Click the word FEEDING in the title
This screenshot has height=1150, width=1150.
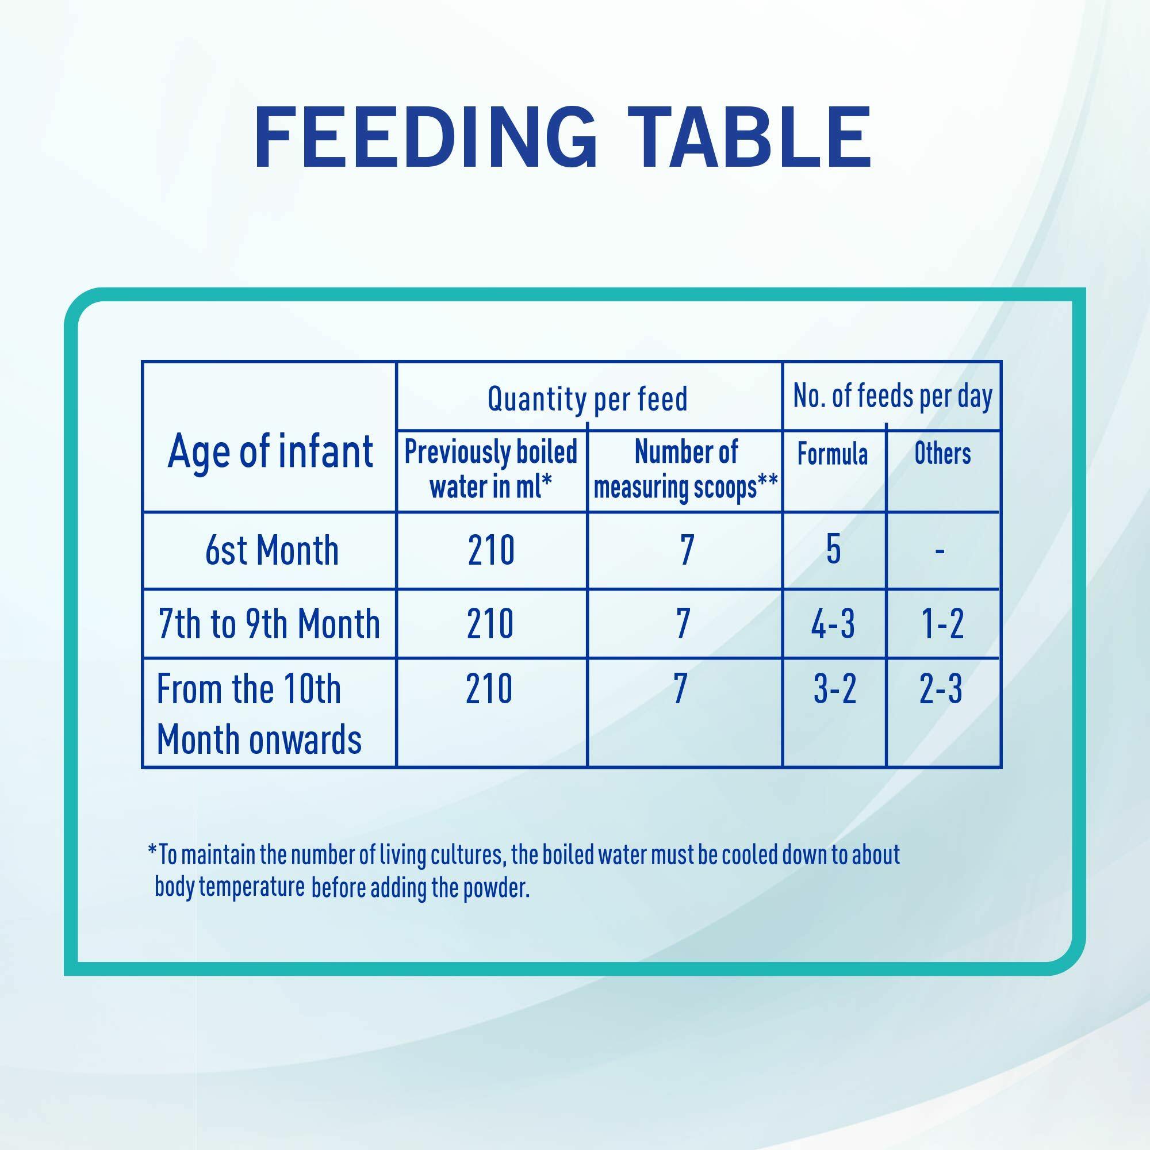[425, 138]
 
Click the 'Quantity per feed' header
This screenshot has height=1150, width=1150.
[588, 398]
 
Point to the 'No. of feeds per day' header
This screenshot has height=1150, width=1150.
[893, 396]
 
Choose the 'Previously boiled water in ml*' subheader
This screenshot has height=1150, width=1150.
[491, 469]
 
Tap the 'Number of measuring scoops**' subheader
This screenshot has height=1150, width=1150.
[686, 469]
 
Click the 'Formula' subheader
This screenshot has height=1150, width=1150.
[833, 454]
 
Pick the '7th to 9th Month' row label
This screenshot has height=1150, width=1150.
[269, 624]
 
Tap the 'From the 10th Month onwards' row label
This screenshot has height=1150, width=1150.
[259, 714]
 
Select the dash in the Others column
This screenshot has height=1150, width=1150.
[940, 552]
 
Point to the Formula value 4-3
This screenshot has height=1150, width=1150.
[833, 624]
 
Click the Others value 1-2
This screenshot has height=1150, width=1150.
[943, 624]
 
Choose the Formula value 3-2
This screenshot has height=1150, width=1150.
[834, 689]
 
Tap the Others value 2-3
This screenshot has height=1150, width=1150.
[941, 689]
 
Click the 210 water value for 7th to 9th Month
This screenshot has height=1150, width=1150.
[490, 624]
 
